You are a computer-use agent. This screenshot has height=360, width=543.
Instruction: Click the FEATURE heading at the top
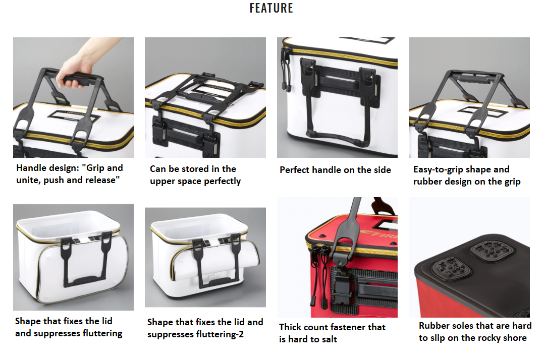271,8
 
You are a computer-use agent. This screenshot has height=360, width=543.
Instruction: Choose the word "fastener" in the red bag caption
348,327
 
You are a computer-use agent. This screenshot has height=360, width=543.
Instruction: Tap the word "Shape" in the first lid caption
27,321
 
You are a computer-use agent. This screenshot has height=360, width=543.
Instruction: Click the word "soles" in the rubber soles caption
463,326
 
